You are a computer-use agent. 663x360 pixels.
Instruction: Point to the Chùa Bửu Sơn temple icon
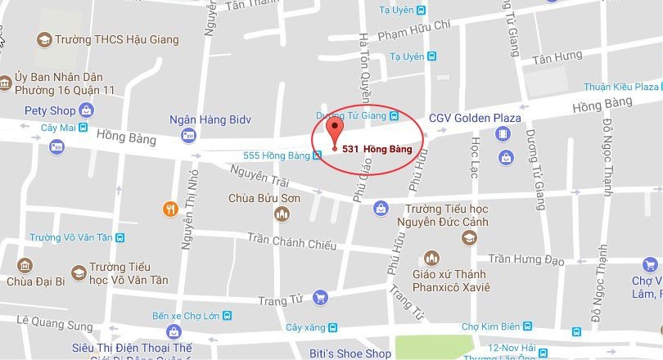pyautogui.click(x=282, y=214)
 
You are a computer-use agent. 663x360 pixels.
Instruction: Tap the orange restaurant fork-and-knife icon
pyautogui.click(x=171, y=209)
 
